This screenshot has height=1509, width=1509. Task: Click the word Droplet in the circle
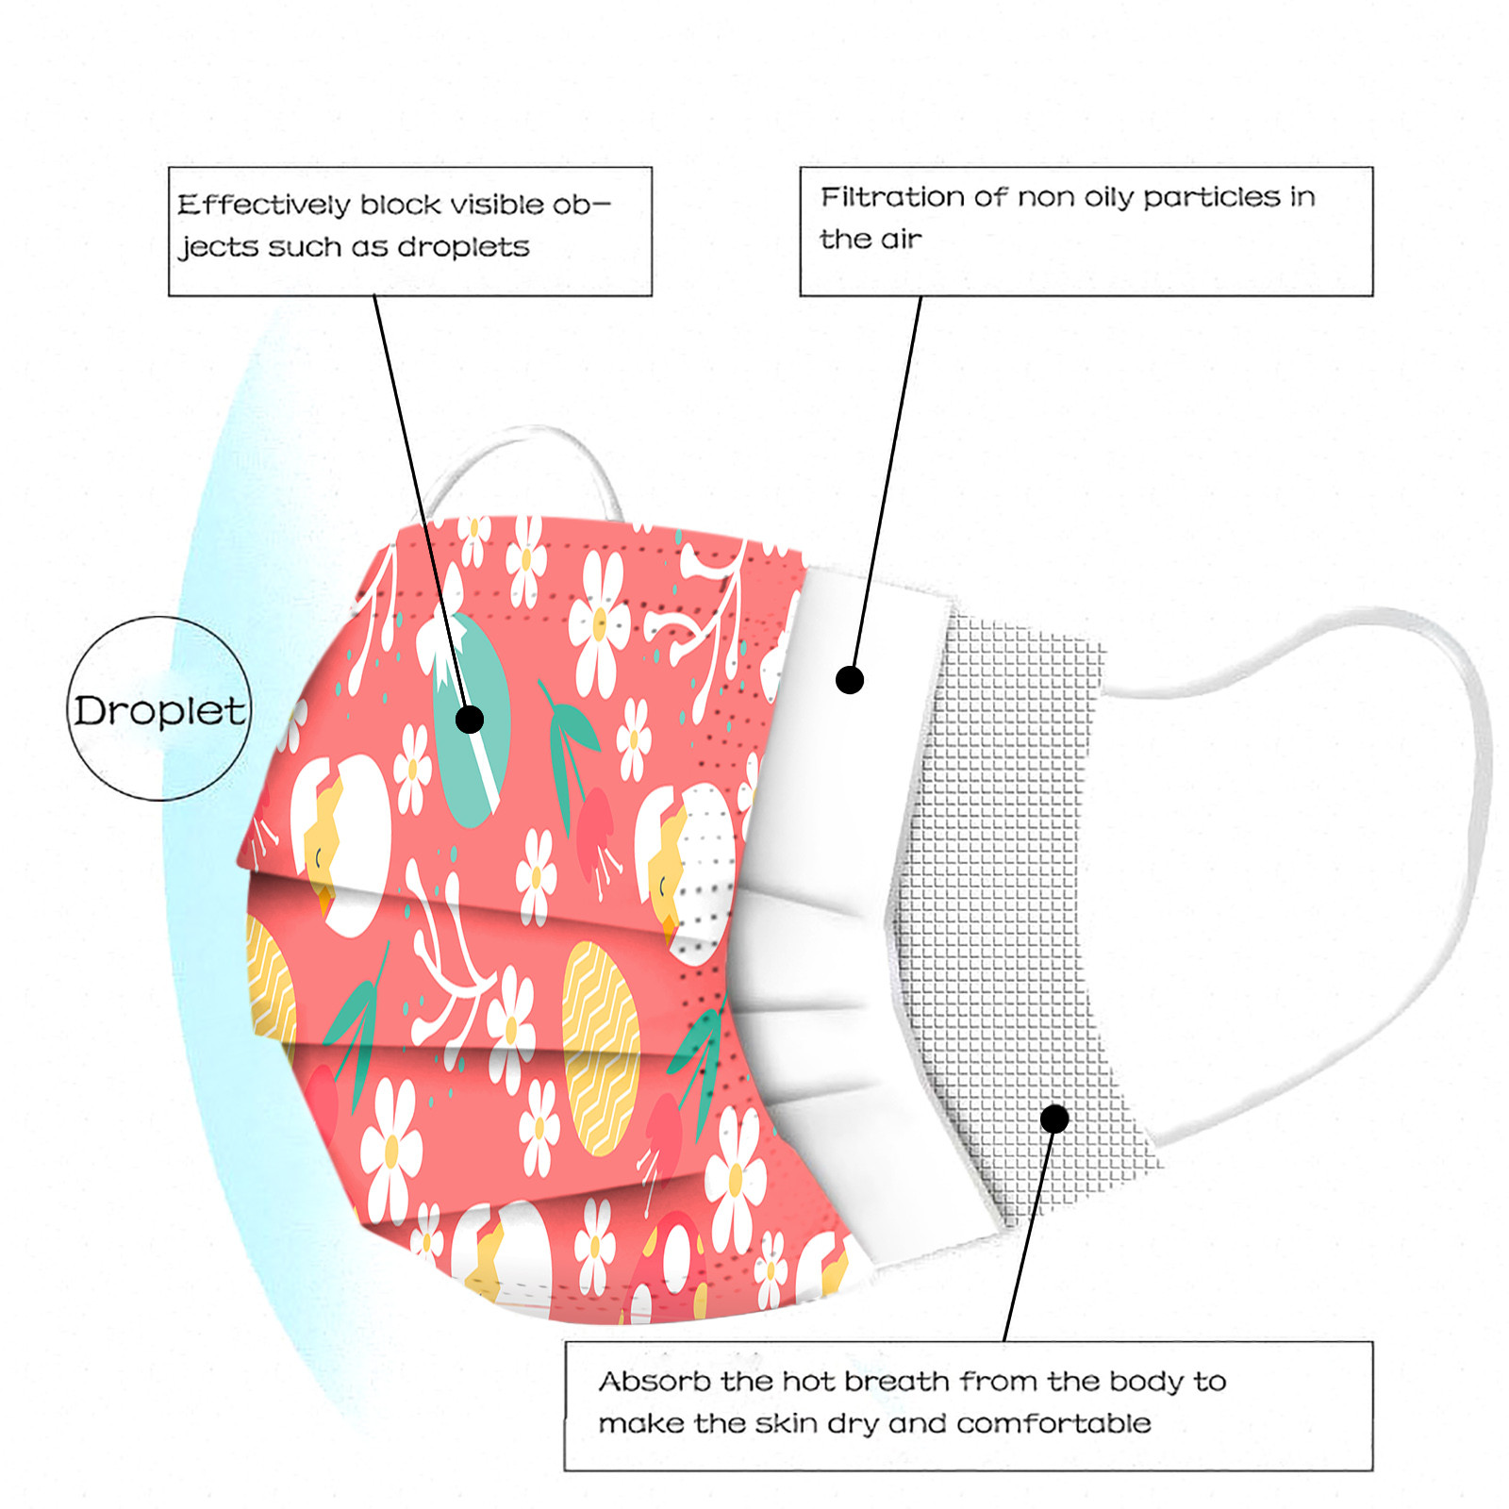(159, 710)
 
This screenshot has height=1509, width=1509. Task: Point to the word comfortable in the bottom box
(1053, 1423)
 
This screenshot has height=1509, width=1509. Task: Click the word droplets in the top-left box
(463, 247)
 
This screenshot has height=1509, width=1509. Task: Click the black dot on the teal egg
(470, 720)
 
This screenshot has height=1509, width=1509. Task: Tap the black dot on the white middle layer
(850, 679)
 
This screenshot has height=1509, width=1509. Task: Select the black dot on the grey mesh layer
(1054, 1119)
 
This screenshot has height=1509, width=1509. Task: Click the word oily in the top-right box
(1107, 198)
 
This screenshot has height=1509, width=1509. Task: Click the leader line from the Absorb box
(1028, 1235)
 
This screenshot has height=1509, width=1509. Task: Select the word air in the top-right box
(901, 240)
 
